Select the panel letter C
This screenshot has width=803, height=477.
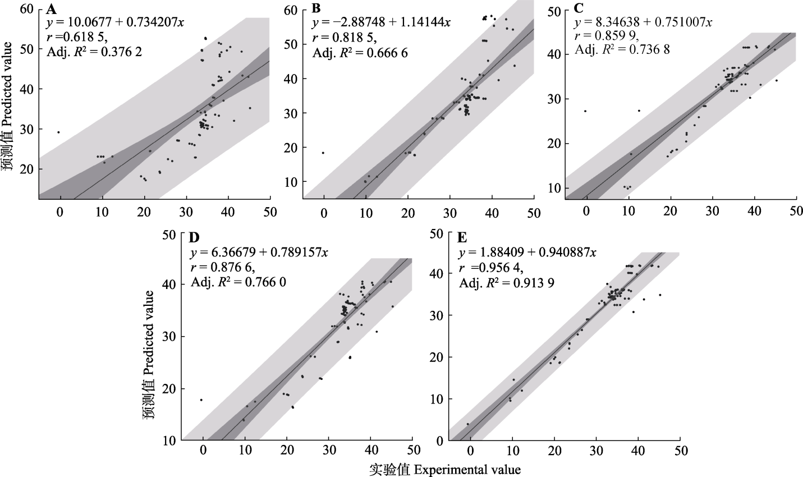pos(579,8)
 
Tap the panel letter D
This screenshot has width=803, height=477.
pos(195,238)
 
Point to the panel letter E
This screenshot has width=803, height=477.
pos(463,238)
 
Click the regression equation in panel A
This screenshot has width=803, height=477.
pos(115,22)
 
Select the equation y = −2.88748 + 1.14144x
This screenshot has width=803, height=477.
pos(382,22)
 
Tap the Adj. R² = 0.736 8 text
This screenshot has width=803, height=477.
pos(622,49)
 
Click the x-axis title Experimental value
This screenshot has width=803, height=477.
pos(445,469)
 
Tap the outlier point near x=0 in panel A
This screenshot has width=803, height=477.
pos(58,132)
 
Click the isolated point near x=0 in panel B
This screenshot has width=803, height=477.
pos(323,153)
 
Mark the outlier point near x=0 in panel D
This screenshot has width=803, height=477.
pos(201,400)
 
